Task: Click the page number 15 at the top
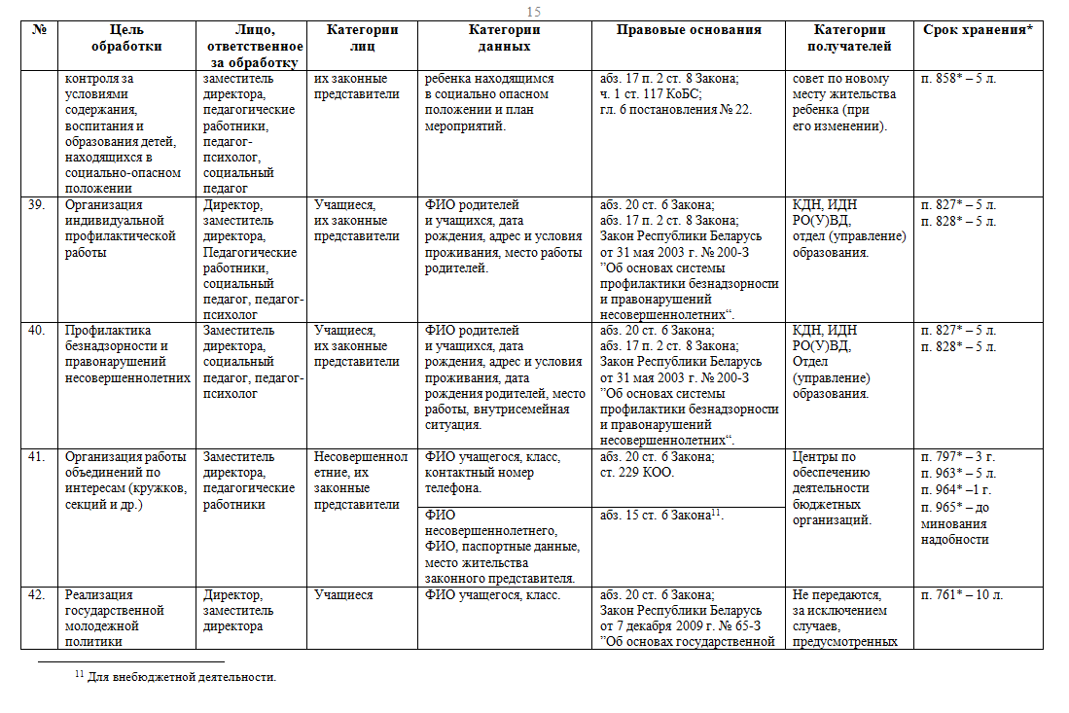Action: tap(533, 12)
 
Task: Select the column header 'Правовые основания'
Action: tap(689, 30)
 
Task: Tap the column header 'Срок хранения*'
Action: tap(977, 30)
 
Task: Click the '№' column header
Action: tap(40, 30)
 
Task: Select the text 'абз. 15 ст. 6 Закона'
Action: tap(655, 516)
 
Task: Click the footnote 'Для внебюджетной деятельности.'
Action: tap(182, 677)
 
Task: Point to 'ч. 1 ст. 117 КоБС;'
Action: tap(651, 94)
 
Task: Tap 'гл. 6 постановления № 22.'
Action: tap(676, 110)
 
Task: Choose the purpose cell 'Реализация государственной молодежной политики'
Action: tap(114, 618)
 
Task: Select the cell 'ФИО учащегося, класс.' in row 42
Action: tap(492, 595)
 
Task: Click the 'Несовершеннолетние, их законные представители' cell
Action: tap(361, 481)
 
